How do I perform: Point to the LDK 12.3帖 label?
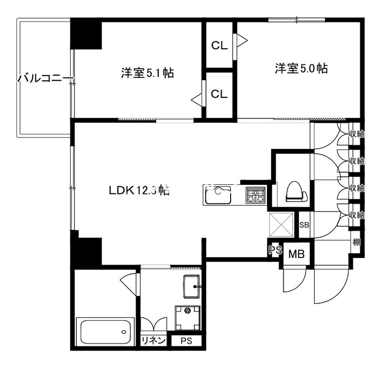click(x=138, y=189)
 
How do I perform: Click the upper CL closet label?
click(x=219, y=45)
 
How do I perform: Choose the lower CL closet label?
click(x=219, y=94)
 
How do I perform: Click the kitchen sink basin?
click(x=218, y=195)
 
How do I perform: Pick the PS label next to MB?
click(x=275, y=250)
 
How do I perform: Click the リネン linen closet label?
click(x=153, y=341)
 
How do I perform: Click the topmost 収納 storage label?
click(x=356, y=134)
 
